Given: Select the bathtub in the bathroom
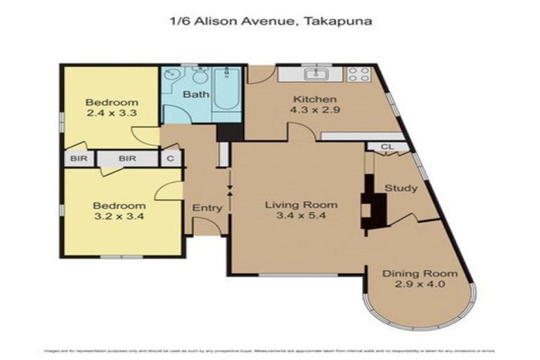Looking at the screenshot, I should [x=226, y=90].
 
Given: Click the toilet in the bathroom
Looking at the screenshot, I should [x=195, y=74].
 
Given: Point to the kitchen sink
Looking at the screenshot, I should [x=311, y=73].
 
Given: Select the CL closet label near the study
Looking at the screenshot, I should [x=386, y=147].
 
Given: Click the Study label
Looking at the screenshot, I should [x=401, y=188].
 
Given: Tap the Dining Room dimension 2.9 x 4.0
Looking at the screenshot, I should [x=420, y=285].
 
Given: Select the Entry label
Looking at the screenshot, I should [x=207, y=208].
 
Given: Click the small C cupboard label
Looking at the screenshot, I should [x=170, y=159].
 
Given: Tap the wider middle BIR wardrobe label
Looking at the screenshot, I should [x=127, y=159].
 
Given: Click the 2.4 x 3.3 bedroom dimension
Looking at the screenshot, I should [x=112, y=112].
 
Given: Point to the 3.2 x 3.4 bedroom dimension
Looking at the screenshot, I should [x=119, y=217].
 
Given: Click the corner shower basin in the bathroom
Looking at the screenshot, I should [x=172, y=74].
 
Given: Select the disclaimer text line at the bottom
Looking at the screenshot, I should [x=270, y=349].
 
